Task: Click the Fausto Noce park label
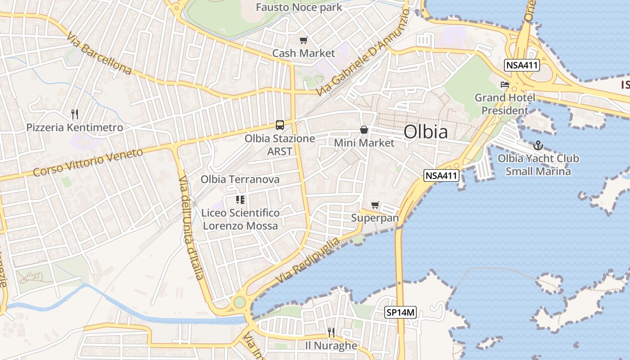coord(299,7)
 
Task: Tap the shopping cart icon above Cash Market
coord(304,40)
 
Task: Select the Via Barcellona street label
coord(99,53)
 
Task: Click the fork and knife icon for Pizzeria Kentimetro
coord(75,114)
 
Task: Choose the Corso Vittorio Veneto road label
coord(88,162)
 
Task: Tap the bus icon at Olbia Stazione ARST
coord(280,125)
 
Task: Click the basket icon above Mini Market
coord(364,130)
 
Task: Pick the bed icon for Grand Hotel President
coord(505,85)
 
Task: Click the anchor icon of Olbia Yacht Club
coord(538,145)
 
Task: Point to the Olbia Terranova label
coord(240,180)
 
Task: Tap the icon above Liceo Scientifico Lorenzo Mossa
coord(240,199)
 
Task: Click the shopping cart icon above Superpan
coord(375,205)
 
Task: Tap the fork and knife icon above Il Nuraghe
coord(331,333)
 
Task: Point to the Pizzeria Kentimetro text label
coord(75,128)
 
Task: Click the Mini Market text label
coord(364,143)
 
